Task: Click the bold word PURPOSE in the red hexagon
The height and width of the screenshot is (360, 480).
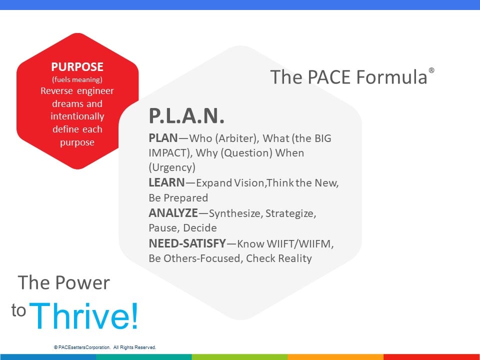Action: click(x=77, y=66)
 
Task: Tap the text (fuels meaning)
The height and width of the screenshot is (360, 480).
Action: click(x=77, y=79)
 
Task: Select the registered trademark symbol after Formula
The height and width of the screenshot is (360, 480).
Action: click(x=431, y=70)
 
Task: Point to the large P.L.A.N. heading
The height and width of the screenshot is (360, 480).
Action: click(x=186, y=115)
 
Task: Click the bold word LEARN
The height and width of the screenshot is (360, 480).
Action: click(x=166, y=182)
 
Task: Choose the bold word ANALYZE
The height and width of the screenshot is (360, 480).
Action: click(x=173, y=213)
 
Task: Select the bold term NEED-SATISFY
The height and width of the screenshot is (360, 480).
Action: click(x=187, y=243)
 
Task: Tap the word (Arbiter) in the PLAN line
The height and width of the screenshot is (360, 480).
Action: click(x=237, y=138)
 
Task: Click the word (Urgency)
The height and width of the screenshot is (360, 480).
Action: click(x=172, y=167)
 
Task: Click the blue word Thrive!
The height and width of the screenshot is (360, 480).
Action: click(x=84, y=315)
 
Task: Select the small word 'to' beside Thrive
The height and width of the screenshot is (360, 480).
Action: click(x=18, y=310)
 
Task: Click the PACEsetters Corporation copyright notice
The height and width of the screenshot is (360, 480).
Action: click(x=105, y=347)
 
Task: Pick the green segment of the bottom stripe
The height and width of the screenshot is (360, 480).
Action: click(x=239, y=357)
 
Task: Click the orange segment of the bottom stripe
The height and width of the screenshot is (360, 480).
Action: click(x=335, y=357)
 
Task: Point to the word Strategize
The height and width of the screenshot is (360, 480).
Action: click(x=290, y=213)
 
